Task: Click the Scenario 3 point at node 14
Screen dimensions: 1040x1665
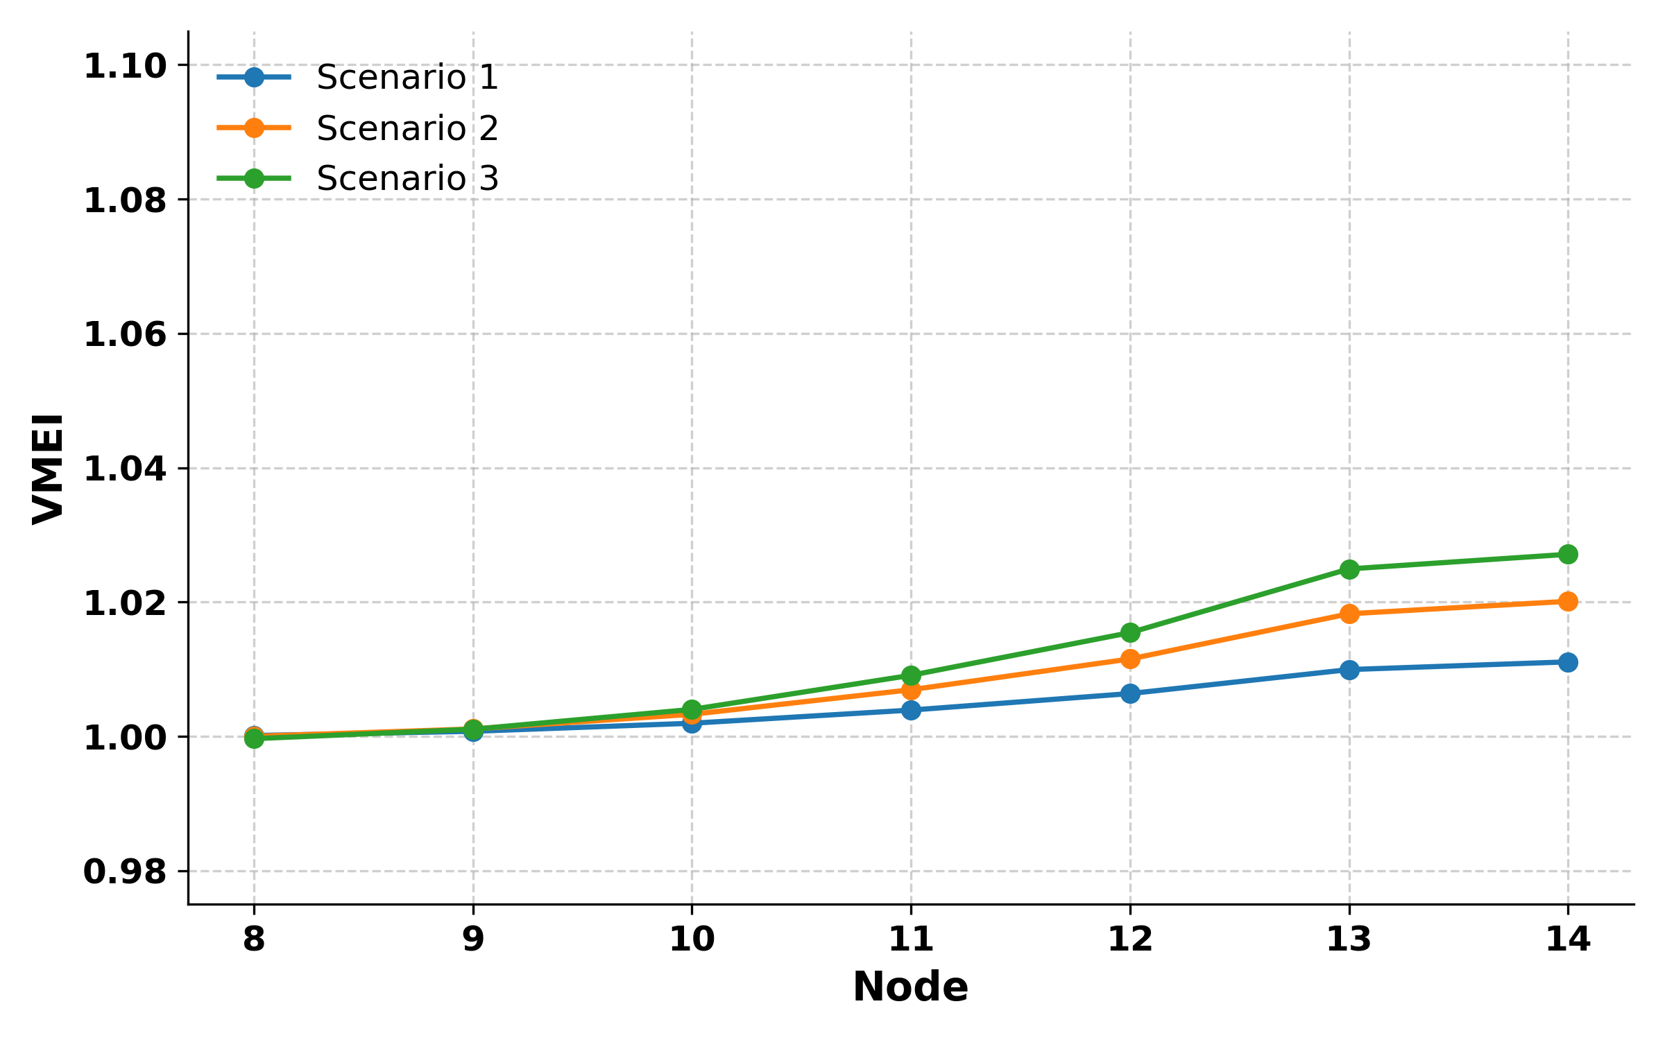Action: [x=1568, y=554]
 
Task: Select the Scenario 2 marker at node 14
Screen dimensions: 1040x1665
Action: [x=1568, y=601]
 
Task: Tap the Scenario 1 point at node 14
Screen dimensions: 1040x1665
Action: [x=1568, y=662]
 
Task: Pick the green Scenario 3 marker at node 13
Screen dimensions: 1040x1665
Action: [x=1349, y=569]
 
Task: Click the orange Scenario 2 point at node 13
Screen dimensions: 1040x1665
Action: [x=1349, y=614]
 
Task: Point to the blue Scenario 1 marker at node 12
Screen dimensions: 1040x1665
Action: [x=1130, y=693]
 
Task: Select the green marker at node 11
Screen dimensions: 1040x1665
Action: [x=911, y=675]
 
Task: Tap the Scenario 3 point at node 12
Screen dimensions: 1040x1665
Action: [x=1130, y=632]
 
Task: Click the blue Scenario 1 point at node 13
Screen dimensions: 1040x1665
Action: [x=1349, y=670]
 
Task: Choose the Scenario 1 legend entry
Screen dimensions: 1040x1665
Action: [x=407, y=77]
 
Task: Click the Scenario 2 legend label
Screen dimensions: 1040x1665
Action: [x=407, y=128]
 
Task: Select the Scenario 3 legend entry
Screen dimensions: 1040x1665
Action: [x=407, y=179]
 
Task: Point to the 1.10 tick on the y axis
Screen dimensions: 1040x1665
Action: [x=125, y=67]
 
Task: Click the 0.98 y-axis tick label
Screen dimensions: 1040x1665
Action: [x=125, y=872]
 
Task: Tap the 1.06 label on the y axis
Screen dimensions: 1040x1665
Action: [x=125, y=335]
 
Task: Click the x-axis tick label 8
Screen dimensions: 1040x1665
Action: [x=254, y=939]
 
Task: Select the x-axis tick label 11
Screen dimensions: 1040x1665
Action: [x=911, y=939]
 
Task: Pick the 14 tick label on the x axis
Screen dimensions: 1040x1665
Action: [x=1568, y=939]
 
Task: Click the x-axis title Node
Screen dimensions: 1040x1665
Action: [x=910, y=987]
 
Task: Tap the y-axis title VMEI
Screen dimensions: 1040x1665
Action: [x=49, y=469]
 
